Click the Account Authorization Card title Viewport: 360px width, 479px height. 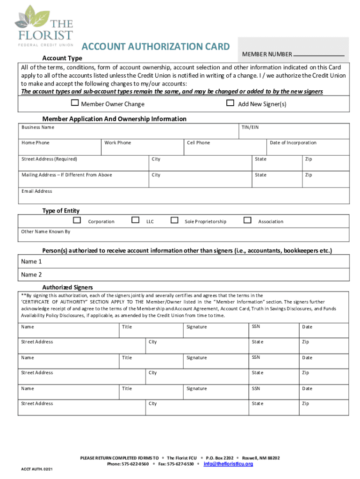(x=156, y=47)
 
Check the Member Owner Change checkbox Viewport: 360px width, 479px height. (x=75, y=103)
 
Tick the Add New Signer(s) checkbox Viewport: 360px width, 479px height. (x=230, y=103)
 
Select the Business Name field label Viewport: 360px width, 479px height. (x=38, y=127)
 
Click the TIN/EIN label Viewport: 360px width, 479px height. (x=250, y=127)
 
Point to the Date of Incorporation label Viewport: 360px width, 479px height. (x=293, y=143)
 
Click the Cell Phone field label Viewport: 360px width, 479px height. (x=198, y=143)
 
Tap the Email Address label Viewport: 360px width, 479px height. (x=37, y=191)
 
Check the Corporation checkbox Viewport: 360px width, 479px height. (x=77, y=220)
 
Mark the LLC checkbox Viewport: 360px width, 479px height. (x=135, y=220)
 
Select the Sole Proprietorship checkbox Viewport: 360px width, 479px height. (x=174, y=220)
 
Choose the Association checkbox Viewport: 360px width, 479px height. (x=248, y=220)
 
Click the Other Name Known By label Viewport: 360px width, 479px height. (x=46, y=232)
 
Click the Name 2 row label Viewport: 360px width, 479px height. (x=31, y=275)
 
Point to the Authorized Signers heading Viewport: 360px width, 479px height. (x=67, y=287)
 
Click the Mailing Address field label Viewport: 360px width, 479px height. (x=67, y=175)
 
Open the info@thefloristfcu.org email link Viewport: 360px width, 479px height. (x=229, y=464)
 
